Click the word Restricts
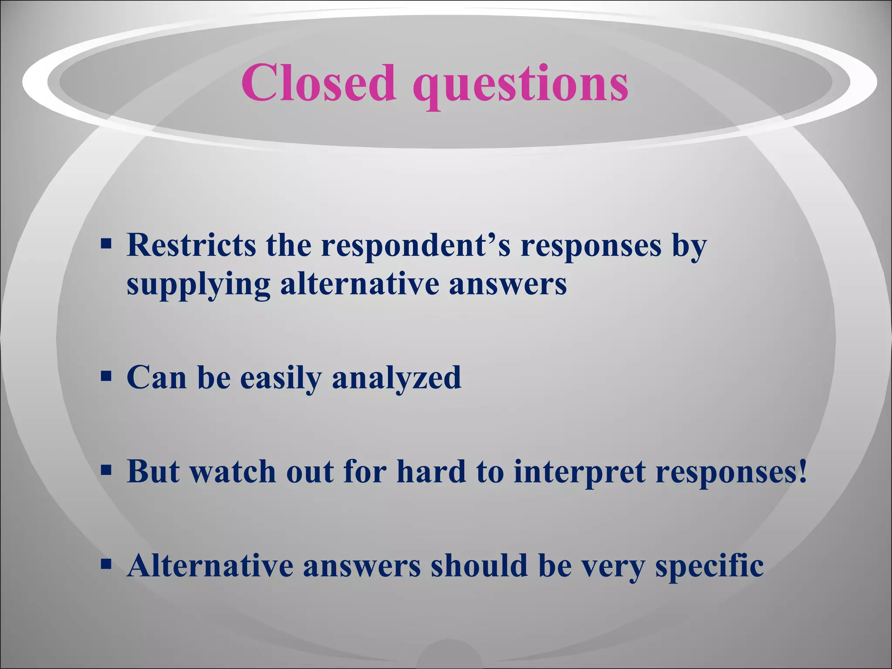[x=191, y=245]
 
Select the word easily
[x=280, y=378]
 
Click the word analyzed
[x=396, y=378]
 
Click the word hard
[x=431, y=472]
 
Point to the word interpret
[x=579, y=473]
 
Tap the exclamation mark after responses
[x=802, y=472]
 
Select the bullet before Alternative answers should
[x=106, y=564]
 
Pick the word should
[x=479, y=566]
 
